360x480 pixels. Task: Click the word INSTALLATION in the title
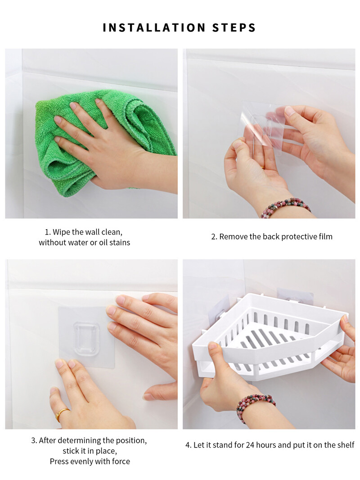tap(154, 27)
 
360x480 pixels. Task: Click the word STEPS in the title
tap(234, 27)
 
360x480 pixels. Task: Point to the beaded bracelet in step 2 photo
tap(286, 207)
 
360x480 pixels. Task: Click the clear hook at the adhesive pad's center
tap(86, 338)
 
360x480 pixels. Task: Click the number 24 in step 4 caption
tap(250, 445)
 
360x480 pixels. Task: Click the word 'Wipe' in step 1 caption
tap(61, 232)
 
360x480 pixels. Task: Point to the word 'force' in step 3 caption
tap(121, 462)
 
